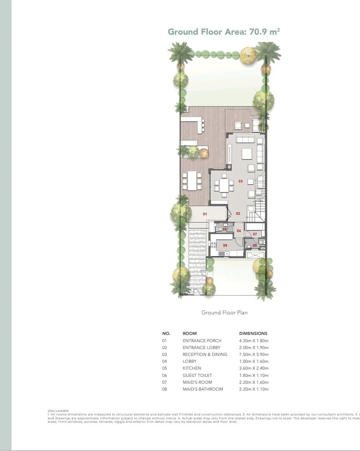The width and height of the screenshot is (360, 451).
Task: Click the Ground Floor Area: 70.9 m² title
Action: (x=224, y=32)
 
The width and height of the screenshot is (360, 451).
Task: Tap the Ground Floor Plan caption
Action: (x=224, y=313)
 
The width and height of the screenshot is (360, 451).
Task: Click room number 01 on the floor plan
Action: (x=205, y=214)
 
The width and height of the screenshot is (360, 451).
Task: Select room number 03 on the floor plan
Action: (x=240, y=182)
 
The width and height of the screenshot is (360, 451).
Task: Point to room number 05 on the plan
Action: (x=225, y=245)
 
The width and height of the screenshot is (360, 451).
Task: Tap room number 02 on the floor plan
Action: (x=238, y=214)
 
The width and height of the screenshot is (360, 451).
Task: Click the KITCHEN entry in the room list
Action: (x=192, y=368)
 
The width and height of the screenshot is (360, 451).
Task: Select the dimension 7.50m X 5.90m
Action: (x=254, y=355)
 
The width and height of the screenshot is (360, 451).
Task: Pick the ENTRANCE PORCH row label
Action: (x=202, y=341)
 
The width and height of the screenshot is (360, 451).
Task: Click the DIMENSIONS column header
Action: (x=253, y=333)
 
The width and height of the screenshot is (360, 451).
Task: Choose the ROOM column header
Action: (x=189, y=333)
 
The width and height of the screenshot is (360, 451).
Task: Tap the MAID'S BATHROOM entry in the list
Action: (x=203, y=389)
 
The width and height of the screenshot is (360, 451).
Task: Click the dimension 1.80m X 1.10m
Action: (x=254, y=376)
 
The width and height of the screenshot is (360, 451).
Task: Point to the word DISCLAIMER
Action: (x=58, y=411)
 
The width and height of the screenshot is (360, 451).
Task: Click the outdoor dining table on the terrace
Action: (x=192, y=181)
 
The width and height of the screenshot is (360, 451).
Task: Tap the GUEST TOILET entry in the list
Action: (x=197, y=376)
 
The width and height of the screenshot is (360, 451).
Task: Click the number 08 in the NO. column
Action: (x=165, y=389)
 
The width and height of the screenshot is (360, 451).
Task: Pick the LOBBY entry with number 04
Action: (x=189, y=361)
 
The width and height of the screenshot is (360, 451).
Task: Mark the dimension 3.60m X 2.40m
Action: (x=254, y=368)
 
